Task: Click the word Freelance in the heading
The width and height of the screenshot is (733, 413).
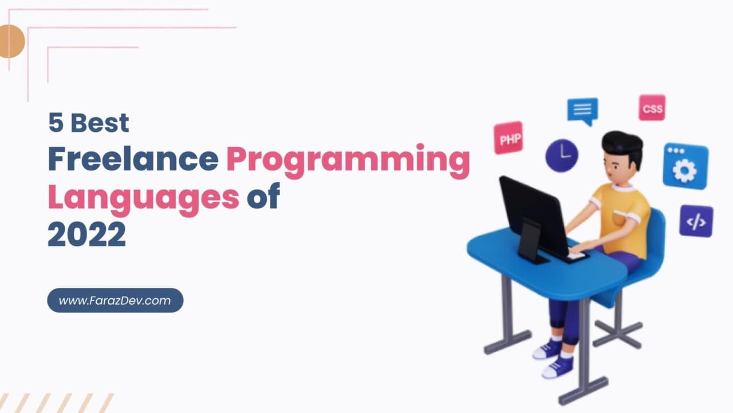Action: click(x=133, y=159)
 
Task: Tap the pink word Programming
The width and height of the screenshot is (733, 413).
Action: click(x=348, y=161)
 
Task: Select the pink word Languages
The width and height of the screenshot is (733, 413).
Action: click(x=143, y=197)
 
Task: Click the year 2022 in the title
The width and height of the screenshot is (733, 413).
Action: click(x=86, y=234)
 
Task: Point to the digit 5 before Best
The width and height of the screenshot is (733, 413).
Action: click(x=55, y=122)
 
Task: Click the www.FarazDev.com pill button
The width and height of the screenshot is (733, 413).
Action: click(x=115, y=301)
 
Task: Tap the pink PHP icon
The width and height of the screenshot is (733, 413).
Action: click(x=509, y=138)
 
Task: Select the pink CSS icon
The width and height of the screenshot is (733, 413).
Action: click(x=652, y=108)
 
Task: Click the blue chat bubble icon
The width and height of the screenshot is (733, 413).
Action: click(x=582, y=110)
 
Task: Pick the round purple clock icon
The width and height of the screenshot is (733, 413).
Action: click(x=561, y=155)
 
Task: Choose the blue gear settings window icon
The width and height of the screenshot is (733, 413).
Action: click(x=685, y=166)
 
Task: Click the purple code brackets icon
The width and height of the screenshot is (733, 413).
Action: click(x=696, y=221)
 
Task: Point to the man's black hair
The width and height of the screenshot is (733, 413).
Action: click(x=622, y=143)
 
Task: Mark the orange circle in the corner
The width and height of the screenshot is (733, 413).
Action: click(x=10, y=41)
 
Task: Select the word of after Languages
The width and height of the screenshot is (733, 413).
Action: click(x=263, y=197)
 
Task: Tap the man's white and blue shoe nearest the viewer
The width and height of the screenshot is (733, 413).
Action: click(x=557, y=368)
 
